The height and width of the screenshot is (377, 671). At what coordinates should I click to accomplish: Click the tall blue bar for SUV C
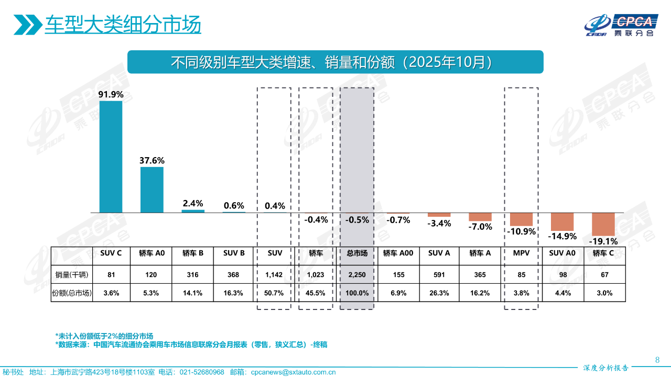point(111,157)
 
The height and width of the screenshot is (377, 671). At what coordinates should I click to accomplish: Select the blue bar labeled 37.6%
point(151,190)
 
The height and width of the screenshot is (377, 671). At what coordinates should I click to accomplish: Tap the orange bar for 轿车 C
point(603,224)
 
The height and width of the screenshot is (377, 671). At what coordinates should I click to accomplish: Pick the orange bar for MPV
point(521,219)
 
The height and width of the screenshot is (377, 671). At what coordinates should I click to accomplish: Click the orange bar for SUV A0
point(562,221)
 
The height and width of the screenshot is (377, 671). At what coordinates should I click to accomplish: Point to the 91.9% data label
point(111,94)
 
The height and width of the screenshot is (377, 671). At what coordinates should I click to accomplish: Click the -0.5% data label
point(357,220)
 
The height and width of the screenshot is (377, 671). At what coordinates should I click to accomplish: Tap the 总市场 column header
point(357,253)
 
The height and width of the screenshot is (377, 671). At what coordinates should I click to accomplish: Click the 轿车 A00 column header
point(398,253)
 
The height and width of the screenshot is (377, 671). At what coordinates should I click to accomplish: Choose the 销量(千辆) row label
point(71,274)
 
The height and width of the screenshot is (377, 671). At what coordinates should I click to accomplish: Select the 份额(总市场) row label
point(71,293)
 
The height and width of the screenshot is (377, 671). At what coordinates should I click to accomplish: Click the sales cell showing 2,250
point(357,274)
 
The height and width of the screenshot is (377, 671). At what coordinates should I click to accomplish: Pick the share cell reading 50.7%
point(275,293)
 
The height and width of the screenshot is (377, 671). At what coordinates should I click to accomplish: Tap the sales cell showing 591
point(439,274)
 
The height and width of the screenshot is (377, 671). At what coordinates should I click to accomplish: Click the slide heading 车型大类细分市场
point(123,25)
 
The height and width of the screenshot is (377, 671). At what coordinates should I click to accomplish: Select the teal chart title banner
point(335,62)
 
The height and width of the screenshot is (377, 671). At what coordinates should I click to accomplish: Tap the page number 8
point(657,360)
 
